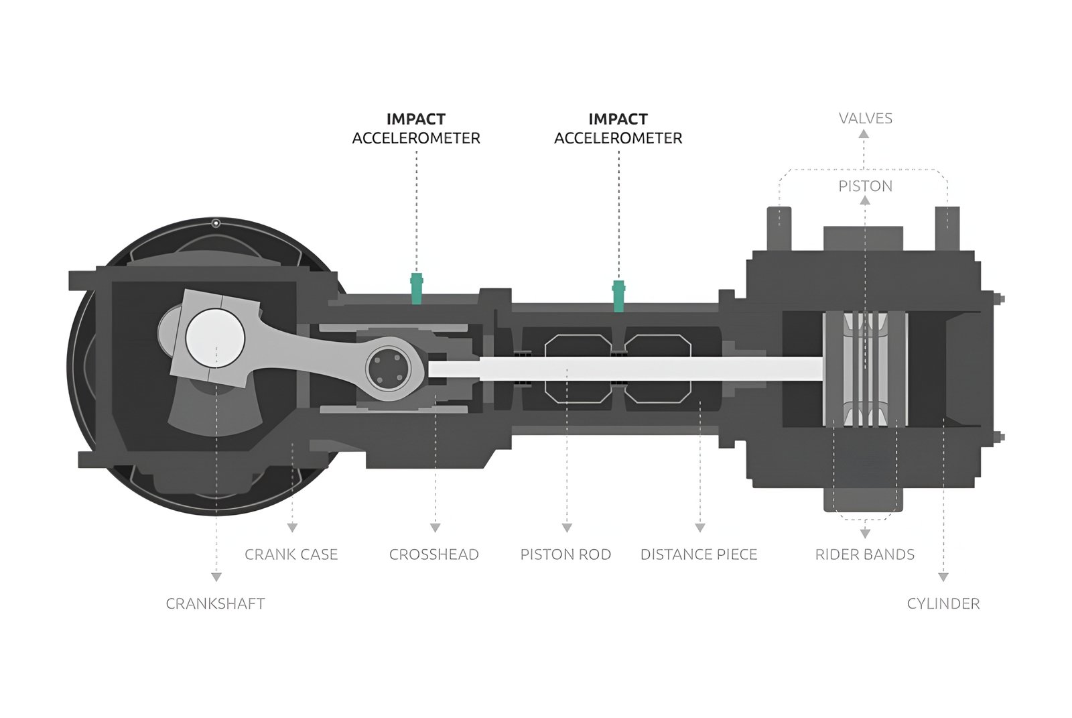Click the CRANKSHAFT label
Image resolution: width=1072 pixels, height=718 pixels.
(x=215, y=603)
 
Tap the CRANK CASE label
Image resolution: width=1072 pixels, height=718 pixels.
(x=291, y=554)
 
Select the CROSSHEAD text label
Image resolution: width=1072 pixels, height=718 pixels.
(x=433, y=554)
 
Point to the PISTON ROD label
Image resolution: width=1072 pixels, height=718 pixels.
(x=565, y=554)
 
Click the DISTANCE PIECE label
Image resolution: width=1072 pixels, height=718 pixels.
(x=699, y=554)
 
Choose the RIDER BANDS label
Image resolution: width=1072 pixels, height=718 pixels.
(x=864, y=554)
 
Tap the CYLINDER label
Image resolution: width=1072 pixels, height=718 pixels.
(x=943, y=603)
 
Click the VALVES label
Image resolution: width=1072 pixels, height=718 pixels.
(x=865, y=119)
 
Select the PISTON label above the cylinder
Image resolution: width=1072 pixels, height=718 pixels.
(x=865, y=186)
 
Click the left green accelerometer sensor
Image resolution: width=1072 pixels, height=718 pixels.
(x=416, y=288)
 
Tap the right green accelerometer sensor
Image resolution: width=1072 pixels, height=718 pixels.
(x=618, y=296)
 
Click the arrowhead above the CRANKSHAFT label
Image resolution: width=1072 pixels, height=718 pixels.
(x=216, y=577)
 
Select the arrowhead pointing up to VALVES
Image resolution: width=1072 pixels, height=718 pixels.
(x=864, y=134)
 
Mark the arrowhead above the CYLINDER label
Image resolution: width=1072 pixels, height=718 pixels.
(x=943, y=577)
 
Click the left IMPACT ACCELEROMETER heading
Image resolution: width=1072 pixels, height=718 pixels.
(x=416, y=129)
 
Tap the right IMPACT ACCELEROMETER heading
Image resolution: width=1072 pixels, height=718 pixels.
(x=618, y=129)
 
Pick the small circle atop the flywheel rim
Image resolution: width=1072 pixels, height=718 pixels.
(x=216, y=223)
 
